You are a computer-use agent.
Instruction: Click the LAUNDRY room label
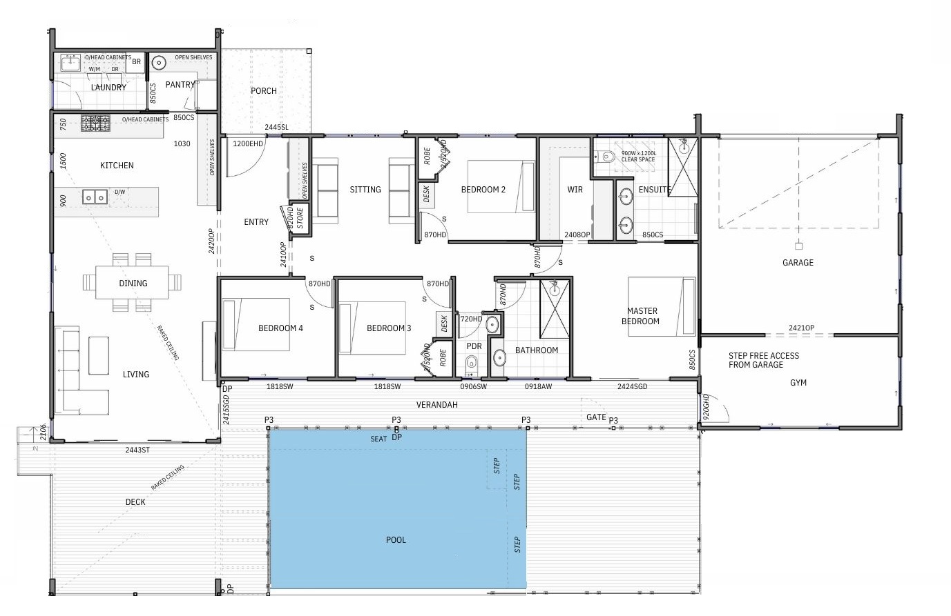click(108, 88)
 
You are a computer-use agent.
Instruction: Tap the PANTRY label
click(180, 85)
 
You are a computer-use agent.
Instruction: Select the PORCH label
click(264, 91)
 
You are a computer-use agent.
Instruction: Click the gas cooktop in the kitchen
click(95, 123)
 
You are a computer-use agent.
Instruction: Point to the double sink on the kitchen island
click(95, 198)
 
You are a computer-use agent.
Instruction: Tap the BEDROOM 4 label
click(280, 328)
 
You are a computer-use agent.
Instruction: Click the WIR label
click(575, 190)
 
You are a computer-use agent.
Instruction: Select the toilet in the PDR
click(472, 363)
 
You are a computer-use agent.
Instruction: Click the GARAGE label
click(798, 263)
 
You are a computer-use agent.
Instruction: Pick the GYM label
click(798, 383)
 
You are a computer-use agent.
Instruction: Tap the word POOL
click(396, 540)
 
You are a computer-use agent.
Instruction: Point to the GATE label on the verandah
click(595, 417)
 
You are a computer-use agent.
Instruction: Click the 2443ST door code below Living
click(137, 450)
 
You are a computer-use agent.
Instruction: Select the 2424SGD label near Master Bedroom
click(632, 387)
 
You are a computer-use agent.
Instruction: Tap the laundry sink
click(70, 63)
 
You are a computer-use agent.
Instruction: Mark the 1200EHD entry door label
click(248, 144)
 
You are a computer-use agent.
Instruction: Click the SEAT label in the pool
click(378, 439)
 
